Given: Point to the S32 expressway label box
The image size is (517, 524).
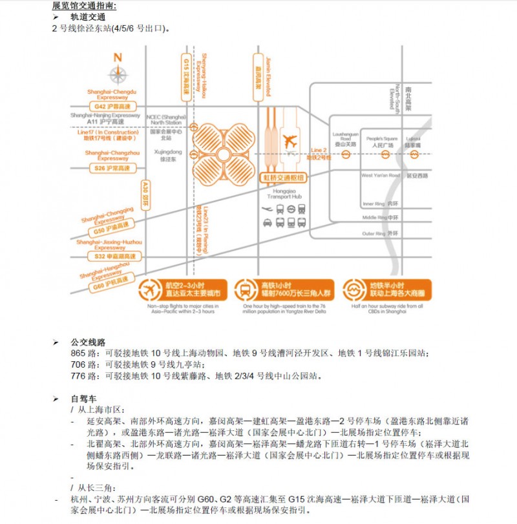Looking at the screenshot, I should tap(112, 257).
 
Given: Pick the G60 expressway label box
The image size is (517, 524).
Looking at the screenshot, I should tap(111, 282).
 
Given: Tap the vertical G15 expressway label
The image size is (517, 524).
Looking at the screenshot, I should tap(185, 77).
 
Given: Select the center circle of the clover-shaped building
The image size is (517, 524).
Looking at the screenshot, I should tap(223, 155).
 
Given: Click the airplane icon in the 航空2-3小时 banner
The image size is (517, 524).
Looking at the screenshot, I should tap(149, 289).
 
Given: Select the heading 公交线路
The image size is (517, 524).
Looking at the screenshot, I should tap(88, 342).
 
